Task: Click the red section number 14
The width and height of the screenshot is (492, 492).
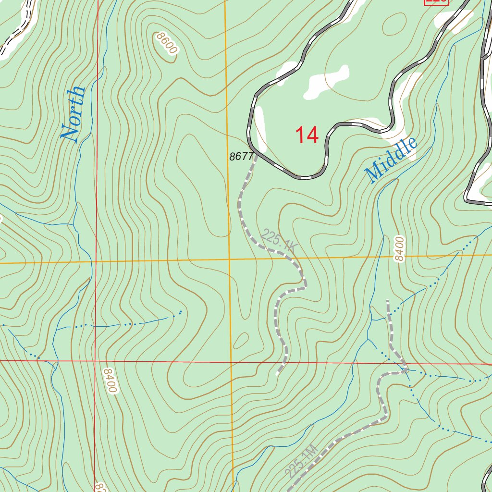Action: tap(307, 135)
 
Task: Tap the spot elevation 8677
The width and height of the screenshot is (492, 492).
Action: tap(241, 156)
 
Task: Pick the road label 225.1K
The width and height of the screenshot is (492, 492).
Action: tap(279, 241)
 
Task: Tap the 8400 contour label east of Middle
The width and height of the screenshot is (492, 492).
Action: tap(400, 249)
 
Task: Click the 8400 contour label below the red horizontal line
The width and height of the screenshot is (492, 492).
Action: tap(110, 381)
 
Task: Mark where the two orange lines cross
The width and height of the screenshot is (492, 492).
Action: tap(229, 259)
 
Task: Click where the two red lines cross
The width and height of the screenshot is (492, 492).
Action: tap(96, 360)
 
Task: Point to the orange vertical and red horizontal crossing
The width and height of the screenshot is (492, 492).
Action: tap(231, 361)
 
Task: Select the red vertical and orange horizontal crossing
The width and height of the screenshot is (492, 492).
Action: tap(96, 262)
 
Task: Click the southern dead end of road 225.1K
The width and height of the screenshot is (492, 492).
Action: tap(278, 373)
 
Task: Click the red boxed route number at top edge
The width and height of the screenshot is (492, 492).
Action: tap(436, 1)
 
